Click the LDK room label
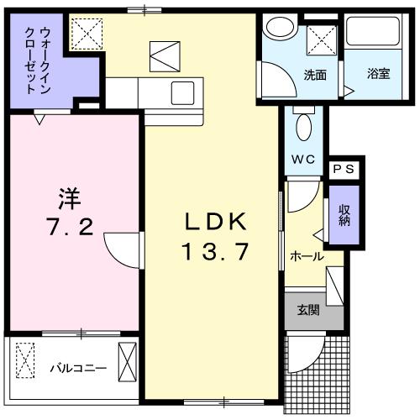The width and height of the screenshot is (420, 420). [215, 221]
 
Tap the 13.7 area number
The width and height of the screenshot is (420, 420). [215, 250]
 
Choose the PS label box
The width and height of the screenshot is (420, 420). [344, 169]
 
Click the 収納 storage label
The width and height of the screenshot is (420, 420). [344, 214]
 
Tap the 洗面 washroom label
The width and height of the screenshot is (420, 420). [315, 74]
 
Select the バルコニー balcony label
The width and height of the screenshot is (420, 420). [77, 367]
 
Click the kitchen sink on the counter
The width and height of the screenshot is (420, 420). [183, 91]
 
